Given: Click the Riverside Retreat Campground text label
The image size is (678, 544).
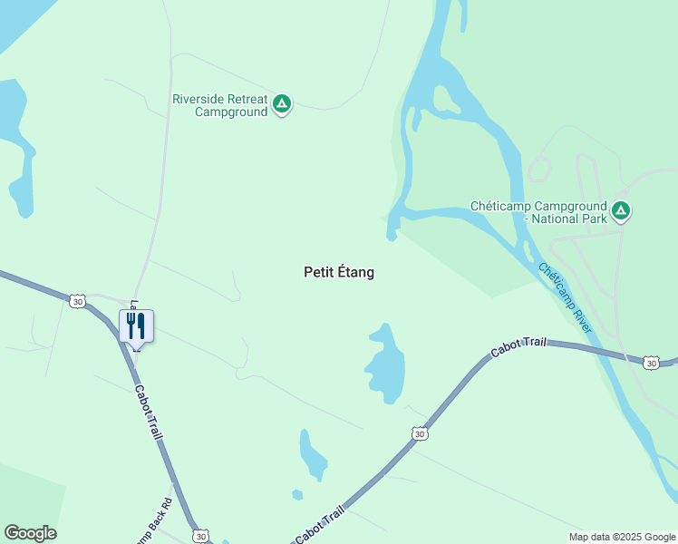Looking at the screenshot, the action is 220,105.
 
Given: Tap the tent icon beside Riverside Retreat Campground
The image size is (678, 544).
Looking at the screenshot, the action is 282,105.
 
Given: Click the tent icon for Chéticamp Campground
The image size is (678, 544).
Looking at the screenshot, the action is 621,212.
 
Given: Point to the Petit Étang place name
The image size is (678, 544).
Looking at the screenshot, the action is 338,272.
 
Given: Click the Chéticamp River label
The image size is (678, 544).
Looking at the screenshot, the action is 565,297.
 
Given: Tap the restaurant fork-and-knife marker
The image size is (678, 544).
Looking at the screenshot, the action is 136,325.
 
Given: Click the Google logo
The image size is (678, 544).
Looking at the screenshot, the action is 30,533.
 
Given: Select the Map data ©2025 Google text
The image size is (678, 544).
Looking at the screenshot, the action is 623,537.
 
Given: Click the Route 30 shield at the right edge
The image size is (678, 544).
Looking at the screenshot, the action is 650,363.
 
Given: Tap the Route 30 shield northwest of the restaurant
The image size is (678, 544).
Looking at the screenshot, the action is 77,300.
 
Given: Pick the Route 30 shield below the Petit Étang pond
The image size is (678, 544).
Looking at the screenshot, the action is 417,434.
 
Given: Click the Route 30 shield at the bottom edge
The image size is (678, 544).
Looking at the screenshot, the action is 201,535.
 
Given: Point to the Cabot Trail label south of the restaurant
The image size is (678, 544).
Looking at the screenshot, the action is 149,413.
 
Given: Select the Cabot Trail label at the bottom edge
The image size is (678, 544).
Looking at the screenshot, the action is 321,525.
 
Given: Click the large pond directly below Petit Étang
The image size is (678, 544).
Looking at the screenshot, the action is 385,364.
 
